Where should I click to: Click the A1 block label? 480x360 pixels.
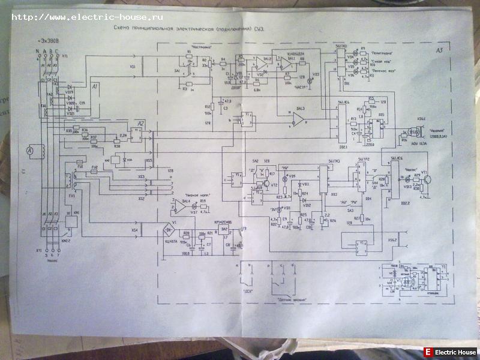[95, 88]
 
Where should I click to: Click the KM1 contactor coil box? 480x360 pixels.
[71, 220]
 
